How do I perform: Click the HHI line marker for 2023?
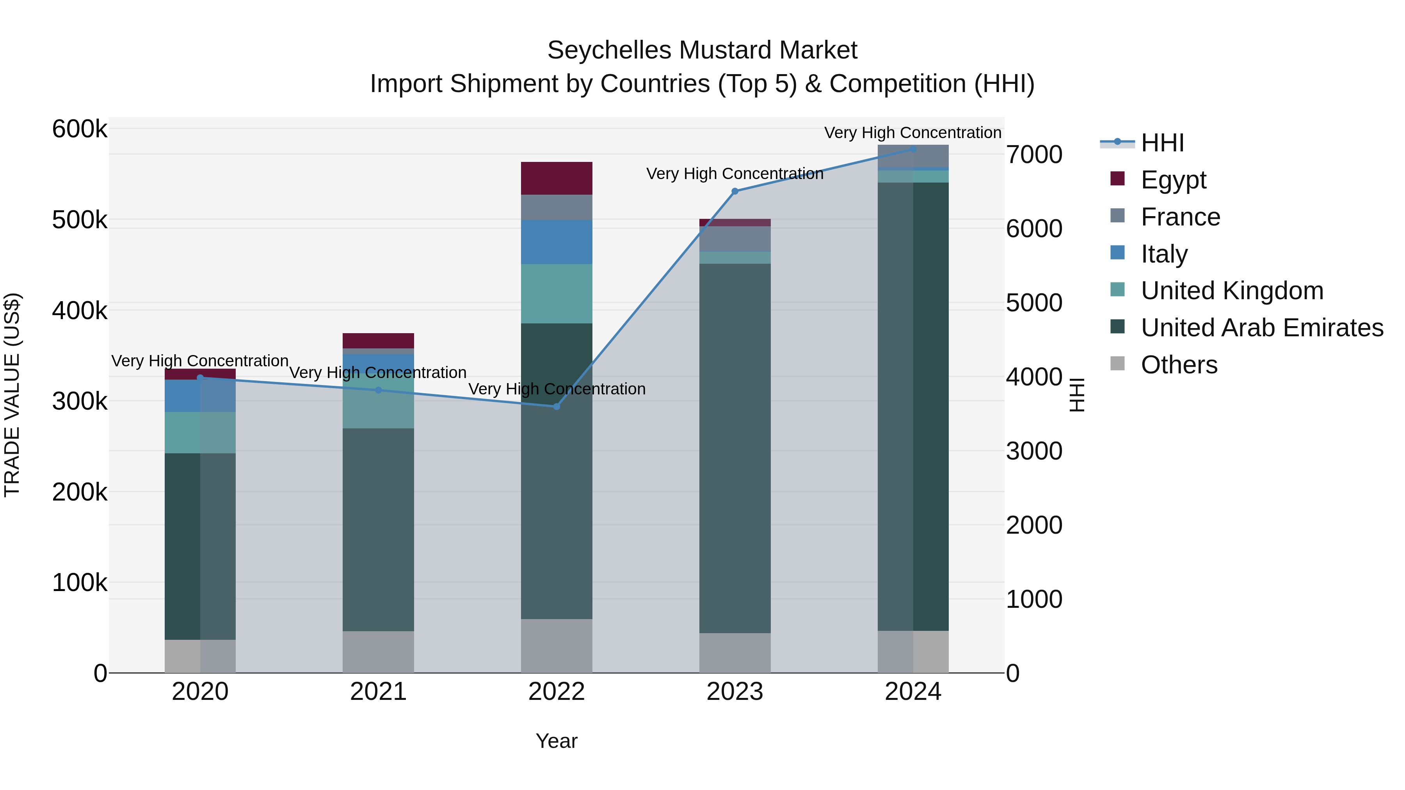click(735, 192)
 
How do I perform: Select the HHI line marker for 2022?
click(556, 406)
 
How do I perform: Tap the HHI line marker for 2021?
click(379, 390)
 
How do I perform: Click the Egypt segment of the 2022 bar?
click(556, 178)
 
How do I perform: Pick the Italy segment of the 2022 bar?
click(556, 242)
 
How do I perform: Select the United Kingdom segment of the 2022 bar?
click(556, 294)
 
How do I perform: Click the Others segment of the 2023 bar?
click(735, 653)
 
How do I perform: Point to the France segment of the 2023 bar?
click(735, 238)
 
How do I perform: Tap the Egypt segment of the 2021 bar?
click(379, 341)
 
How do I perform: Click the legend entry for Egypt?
click(1173, 180)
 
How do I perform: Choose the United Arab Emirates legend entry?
click(1261, 328)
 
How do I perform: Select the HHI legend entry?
click(1162, 143)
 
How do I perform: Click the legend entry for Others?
click(1179, 365)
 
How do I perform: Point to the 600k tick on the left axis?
click(80, 130)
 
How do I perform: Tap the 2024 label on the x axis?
click(912, 692)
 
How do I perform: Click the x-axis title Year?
click(556, 741)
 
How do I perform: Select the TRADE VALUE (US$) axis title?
click(12, 395)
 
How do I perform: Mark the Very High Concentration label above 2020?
click(200, 361)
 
